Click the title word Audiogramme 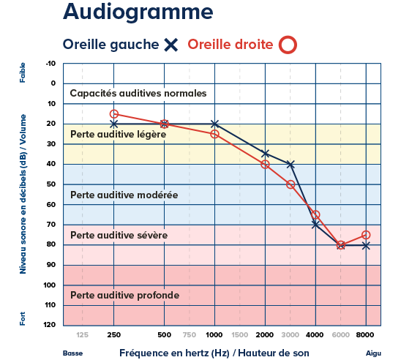click(x=138, y=12)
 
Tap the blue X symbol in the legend click(x=171, y=45)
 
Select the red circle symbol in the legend click(x=288, y=45)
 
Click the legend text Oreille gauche click(x=110, y=45)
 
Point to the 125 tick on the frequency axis click(x=83, y=334)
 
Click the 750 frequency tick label click(x=190, y=334)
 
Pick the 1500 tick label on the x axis click(x=239, y=334)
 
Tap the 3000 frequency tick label click(x=291, y=334)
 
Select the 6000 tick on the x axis click(x=340, y=334)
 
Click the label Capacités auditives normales click(x=138, y=93)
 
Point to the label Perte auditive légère click(x=118, y=135)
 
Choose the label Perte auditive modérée click(x=124, y=195)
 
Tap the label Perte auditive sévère click(x=119, y=235)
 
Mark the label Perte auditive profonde click(x=124, y=295)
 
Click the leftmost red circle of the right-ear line click(x=114, y=114)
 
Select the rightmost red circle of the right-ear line click(x=366, y=235)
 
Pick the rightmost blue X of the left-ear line click(x=366, y=246)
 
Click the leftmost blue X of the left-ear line click(x=114, y=124)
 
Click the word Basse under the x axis click(x=72, y=353)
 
